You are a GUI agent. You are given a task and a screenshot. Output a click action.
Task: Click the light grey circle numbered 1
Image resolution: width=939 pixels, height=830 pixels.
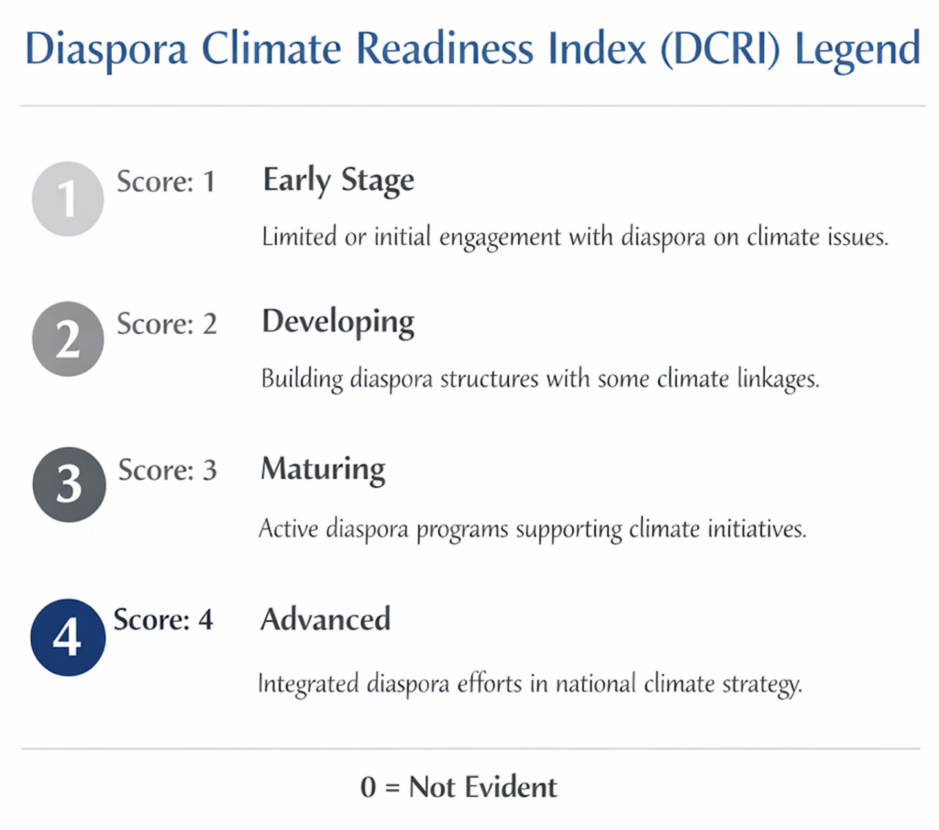tap(68, 199)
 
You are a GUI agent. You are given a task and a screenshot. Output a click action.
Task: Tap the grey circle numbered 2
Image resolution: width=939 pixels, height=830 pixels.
tap(68, 339)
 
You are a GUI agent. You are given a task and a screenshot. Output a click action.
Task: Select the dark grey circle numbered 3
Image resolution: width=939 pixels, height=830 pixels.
tap(69, 484)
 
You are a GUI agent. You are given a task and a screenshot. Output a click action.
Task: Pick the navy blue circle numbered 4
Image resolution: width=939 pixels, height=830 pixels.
tap(68, 637)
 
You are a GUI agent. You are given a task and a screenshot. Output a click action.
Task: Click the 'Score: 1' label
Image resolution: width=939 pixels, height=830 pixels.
tap(166, 182)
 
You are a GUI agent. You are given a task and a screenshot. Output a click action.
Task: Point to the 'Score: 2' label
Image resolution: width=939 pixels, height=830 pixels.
tap(167, 324)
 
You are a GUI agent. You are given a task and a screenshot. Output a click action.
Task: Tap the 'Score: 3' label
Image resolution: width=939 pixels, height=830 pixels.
tap(167, 470)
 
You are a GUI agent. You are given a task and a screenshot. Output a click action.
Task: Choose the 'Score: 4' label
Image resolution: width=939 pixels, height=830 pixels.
tap(163, 619)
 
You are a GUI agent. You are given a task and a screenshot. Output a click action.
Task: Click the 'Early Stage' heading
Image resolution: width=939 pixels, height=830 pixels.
tap(338, 181)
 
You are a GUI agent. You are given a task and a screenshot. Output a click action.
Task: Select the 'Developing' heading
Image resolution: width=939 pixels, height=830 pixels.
tap(337, 324)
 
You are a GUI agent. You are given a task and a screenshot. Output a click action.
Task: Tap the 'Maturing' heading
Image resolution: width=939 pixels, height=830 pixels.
tap(323, 470)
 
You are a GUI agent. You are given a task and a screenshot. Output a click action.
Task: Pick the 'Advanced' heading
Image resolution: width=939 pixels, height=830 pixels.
tap(326, 619)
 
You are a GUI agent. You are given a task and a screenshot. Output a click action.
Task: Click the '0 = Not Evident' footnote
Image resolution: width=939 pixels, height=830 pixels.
tap(458, 787)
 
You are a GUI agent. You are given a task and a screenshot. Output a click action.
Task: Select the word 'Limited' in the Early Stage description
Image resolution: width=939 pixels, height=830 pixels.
tap(299, 237)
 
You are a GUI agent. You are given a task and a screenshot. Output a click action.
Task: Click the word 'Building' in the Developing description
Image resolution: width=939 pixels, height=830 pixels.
tap(302, 380)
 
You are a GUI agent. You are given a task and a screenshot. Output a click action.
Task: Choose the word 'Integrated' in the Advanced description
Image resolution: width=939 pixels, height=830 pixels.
tap(308, 684)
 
